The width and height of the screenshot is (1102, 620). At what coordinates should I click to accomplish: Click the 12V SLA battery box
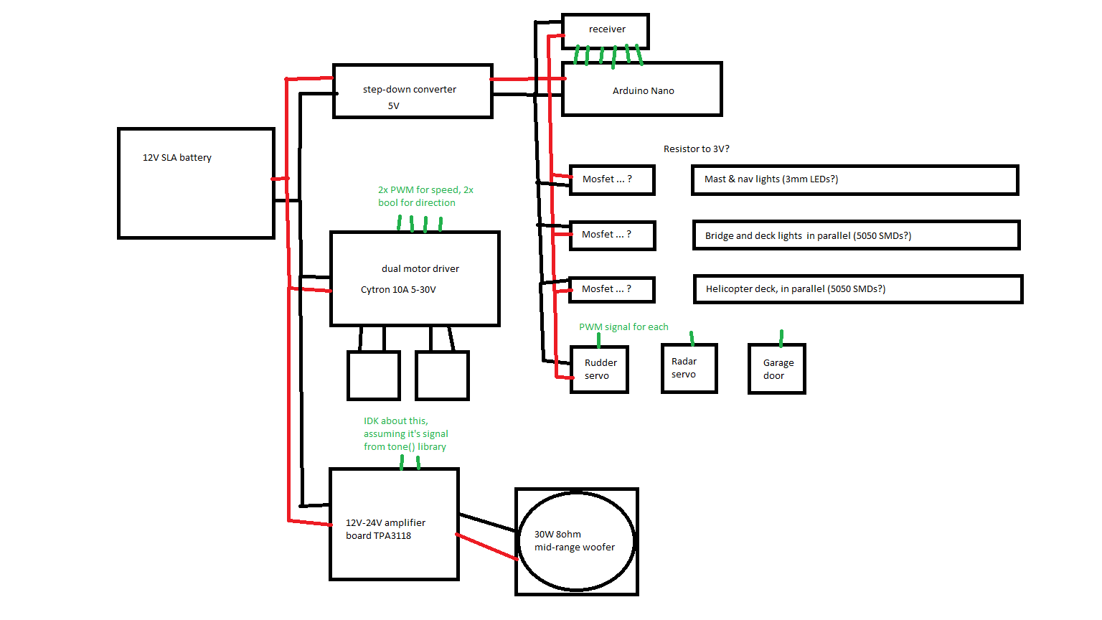pos(196,183)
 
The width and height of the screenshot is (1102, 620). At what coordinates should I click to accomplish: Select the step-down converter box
pos(413,91)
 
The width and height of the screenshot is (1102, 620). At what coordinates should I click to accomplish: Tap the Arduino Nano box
pos(641,90)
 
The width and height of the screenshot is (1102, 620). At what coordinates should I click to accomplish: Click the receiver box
pos(606,30)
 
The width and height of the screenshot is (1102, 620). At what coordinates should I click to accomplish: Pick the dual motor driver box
pos(414,278)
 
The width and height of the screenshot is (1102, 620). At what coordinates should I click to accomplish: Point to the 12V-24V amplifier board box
pos(394,524)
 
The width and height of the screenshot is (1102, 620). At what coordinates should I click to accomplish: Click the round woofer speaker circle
pos(576,541)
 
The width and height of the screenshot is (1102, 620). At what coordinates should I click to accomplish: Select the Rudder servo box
pos(599,370)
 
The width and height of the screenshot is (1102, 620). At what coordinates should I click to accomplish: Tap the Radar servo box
pos(689,368)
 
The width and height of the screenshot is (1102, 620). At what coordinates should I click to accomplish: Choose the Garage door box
pos(776,369)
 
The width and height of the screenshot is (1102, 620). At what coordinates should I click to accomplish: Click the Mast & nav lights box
pos(854,179)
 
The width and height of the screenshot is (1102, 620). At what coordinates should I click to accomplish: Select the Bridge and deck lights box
pos(856,235)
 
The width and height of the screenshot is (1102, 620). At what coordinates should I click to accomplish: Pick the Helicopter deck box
pos(858,289)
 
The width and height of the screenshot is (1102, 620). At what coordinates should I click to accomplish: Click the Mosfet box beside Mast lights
pos(612,180)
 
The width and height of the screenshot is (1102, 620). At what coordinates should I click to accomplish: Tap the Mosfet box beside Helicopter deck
pos(612,289)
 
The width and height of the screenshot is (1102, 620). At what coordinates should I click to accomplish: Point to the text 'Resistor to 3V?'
pos(696,149)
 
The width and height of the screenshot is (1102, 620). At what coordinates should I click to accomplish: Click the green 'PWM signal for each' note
pos(623,327)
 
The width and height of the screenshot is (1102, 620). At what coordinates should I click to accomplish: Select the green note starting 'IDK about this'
pos(405,433)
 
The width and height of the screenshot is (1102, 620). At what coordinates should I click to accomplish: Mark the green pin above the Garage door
pos(781,337)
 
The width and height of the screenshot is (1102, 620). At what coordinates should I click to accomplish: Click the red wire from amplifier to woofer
pos(487,547)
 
